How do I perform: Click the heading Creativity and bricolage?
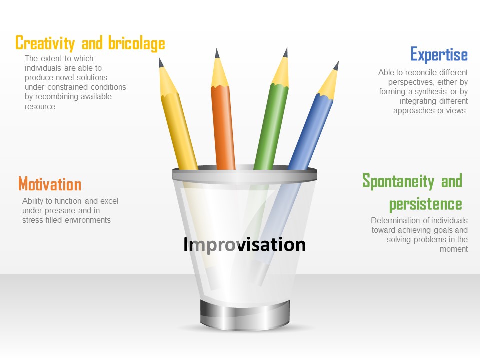point(90,43)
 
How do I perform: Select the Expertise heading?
point(439,54)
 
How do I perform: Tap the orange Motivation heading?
point(50,184)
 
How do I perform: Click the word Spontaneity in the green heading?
point(398,181)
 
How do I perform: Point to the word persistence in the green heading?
point(425,204)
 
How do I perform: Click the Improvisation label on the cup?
point(244,245)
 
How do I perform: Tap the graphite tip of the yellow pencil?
point(161,62)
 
